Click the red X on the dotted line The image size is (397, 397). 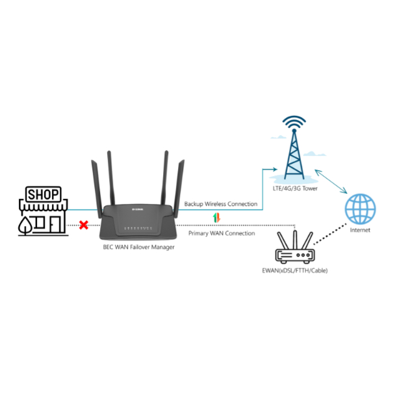click(84, 225)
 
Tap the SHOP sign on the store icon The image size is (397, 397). click(44, 194)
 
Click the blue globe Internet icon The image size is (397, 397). click(360, 209)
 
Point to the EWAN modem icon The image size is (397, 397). click(295, 247)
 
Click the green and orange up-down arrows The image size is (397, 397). click(216, 218)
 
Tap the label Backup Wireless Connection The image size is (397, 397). click(221, 204)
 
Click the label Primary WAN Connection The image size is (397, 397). click(222, 233)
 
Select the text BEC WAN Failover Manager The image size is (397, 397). click(139, 247)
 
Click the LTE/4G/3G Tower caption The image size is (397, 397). click(295, 188)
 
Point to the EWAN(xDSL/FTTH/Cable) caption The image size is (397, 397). click(295, 271)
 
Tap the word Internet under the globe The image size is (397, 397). click(360, 230)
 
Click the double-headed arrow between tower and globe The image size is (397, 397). click(331, 181)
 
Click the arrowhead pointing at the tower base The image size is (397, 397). click(274, 169)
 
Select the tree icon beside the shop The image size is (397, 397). click(25, 225)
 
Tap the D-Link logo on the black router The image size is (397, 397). click(138, 209)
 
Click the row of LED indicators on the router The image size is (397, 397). click(138, 228)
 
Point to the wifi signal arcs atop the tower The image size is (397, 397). click(294, 122)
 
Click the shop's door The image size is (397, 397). click(55, 225)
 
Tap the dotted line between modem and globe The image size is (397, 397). click(330, 234)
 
